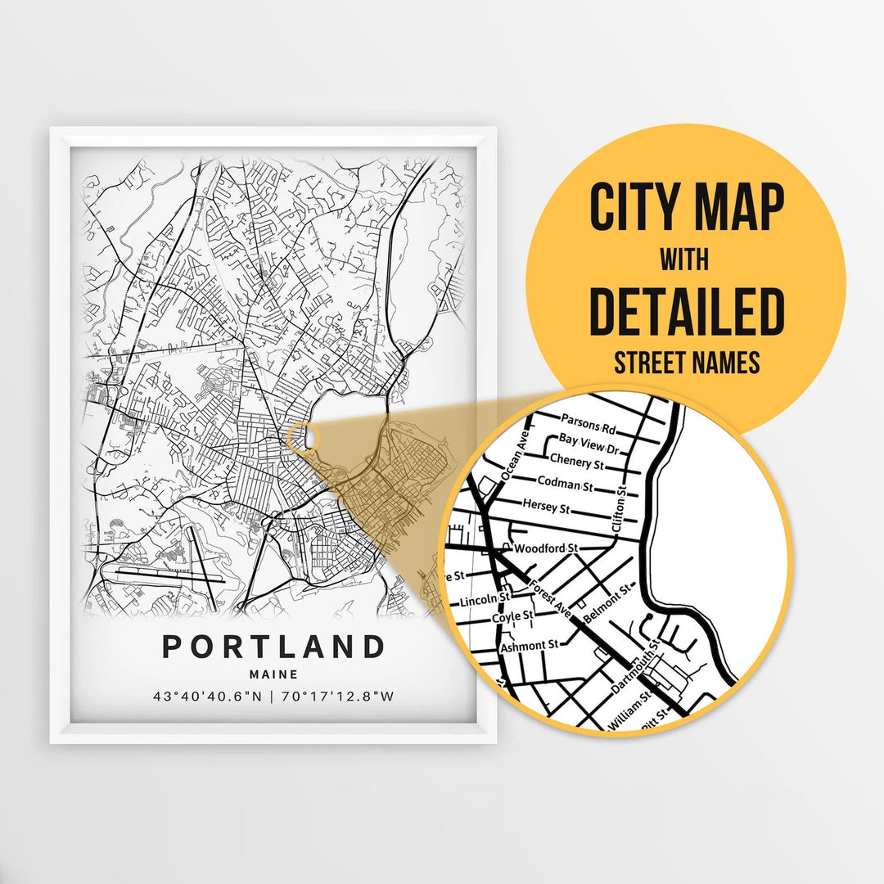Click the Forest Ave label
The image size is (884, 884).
[546, 596]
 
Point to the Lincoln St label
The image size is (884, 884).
[480, 602]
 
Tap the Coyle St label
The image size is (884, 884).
[512, 616]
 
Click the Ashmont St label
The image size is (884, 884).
[529, 645]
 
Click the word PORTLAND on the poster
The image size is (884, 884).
[273, 647]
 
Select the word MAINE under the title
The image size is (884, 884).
[273, 675]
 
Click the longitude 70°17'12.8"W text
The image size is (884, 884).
[340, 697]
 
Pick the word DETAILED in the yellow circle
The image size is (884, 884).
[687, 311]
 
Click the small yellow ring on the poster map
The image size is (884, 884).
[302, 437]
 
